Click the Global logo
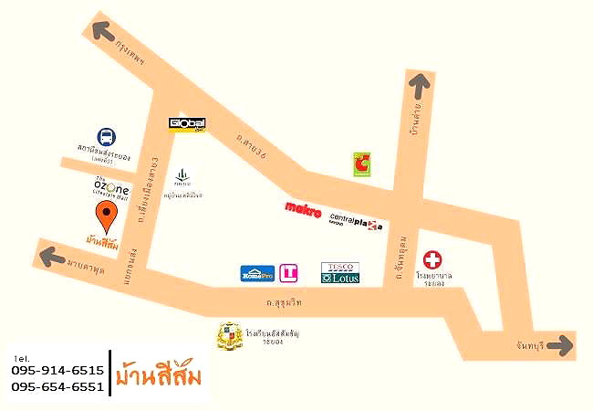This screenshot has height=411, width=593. [x=188, y=123]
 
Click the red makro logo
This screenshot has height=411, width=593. [x=303, y=211]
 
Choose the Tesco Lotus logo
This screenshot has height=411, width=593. [x=339, y=272]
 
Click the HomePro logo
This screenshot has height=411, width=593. [x=257, y=272]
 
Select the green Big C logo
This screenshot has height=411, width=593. [x=363, y=165]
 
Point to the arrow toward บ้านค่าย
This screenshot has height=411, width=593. [x=419, y=87]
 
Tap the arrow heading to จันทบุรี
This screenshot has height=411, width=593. [x=561, y=345]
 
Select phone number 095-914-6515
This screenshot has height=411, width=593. [x=57, y=371]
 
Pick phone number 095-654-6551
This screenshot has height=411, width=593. [x=57, y=387]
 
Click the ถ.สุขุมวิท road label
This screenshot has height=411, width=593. [x=285, y=300]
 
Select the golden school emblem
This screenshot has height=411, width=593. [x=228, y=337]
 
